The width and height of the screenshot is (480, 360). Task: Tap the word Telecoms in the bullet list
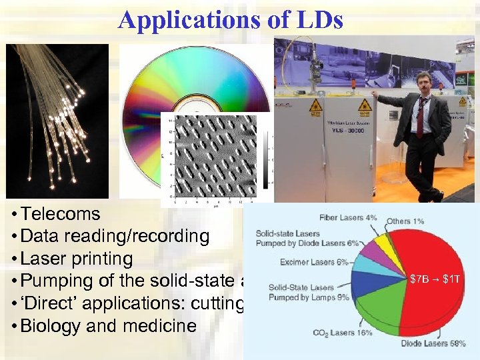tap(60, 215)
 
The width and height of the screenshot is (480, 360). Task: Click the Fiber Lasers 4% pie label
tap(348, 217)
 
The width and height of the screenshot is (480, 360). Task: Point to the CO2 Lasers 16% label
tap(343, 333)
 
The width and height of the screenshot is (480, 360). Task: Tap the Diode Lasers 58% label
tap(434, 344)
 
